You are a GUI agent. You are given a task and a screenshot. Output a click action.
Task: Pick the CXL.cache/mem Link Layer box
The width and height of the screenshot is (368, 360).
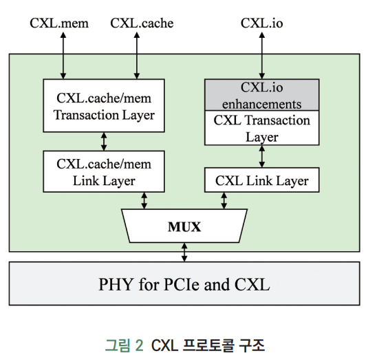click(x=104, y=172)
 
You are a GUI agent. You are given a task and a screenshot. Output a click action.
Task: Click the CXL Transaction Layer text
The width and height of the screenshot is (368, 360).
click(x=261, y=128)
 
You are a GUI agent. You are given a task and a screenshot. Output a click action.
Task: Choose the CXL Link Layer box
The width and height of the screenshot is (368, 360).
click(x=261, y=181)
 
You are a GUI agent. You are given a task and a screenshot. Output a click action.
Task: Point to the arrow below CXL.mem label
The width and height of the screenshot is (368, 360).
click(x=63, y=54)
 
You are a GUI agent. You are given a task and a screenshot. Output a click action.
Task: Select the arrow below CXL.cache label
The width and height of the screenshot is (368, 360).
click(x=140, y=54)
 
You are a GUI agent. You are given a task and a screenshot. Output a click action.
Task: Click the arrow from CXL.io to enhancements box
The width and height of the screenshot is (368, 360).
click(x=261, y=54)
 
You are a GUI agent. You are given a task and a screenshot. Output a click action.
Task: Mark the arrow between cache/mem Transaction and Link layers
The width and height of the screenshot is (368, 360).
click(x=104, y=142)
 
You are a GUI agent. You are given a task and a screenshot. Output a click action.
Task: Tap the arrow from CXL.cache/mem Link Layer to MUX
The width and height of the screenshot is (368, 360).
click(x=144, y=200)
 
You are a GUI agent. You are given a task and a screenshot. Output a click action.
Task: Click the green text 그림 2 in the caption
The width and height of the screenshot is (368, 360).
click(x=124, y=344)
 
